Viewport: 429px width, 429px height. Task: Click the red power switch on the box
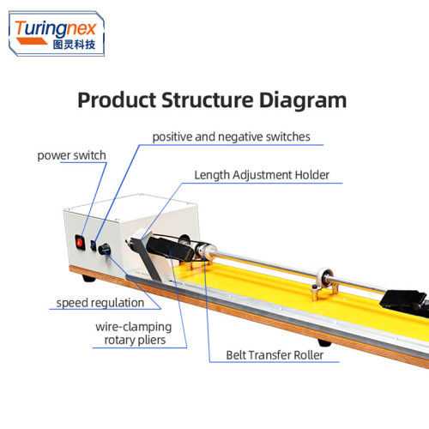tap(80, 242)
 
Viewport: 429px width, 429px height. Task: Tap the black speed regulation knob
tap(104, 249)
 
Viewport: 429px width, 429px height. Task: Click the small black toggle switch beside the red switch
tap(94, 245)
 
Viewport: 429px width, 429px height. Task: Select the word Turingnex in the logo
tap(56, 29)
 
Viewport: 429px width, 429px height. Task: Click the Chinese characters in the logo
tap(74, 45)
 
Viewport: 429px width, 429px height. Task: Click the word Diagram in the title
tap(303, 100)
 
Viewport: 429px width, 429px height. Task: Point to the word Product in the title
tap(117, 100)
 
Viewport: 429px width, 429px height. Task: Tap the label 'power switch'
tap(71, 155)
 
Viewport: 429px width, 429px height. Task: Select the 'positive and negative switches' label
tap(231, 137)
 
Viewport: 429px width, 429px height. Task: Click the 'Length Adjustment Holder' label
tap(262, 175)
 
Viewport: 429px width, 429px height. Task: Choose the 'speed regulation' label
tap(100, 303)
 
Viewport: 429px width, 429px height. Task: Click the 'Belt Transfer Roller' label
tap(275, 355)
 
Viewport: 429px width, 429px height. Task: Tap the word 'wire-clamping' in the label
tap(134, 327)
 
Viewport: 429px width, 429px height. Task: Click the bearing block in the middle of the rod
tap(323, 283)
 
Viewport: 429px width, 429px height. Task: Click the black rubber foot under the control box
tap(88, 278)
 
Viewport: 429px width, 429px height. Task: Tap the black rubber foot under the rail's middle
tap(324, 342)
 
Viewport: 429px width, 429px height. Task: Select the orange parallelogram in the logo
tap(32, 41)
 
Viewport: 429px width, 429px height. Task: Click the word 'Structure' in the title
tap(208, 100)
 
